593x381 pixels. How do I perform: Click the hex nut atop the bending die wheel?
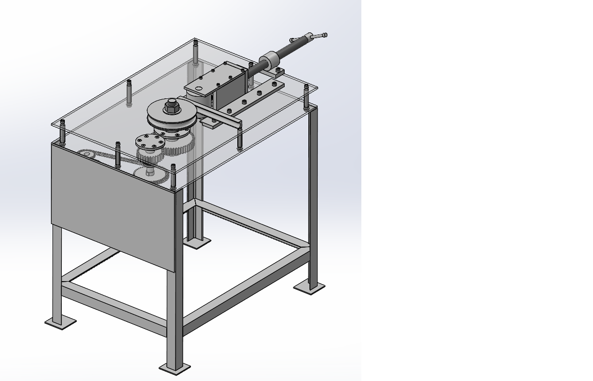tap(171, 108)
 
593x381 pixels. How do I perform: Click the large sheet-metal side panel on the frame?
tap(113, 206)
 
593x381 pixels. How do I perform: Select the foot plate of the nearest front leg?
tap(175, 368)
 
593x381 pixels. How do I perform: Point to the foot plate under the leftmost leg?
tap(60, 322)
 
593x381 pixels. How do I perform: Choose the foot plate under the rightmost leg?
tap(309, 287)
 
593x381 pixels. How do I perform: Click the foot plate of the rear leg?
tap(197, 242)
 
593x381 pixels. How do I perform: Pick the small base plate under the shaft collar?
tap(277, 73)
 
